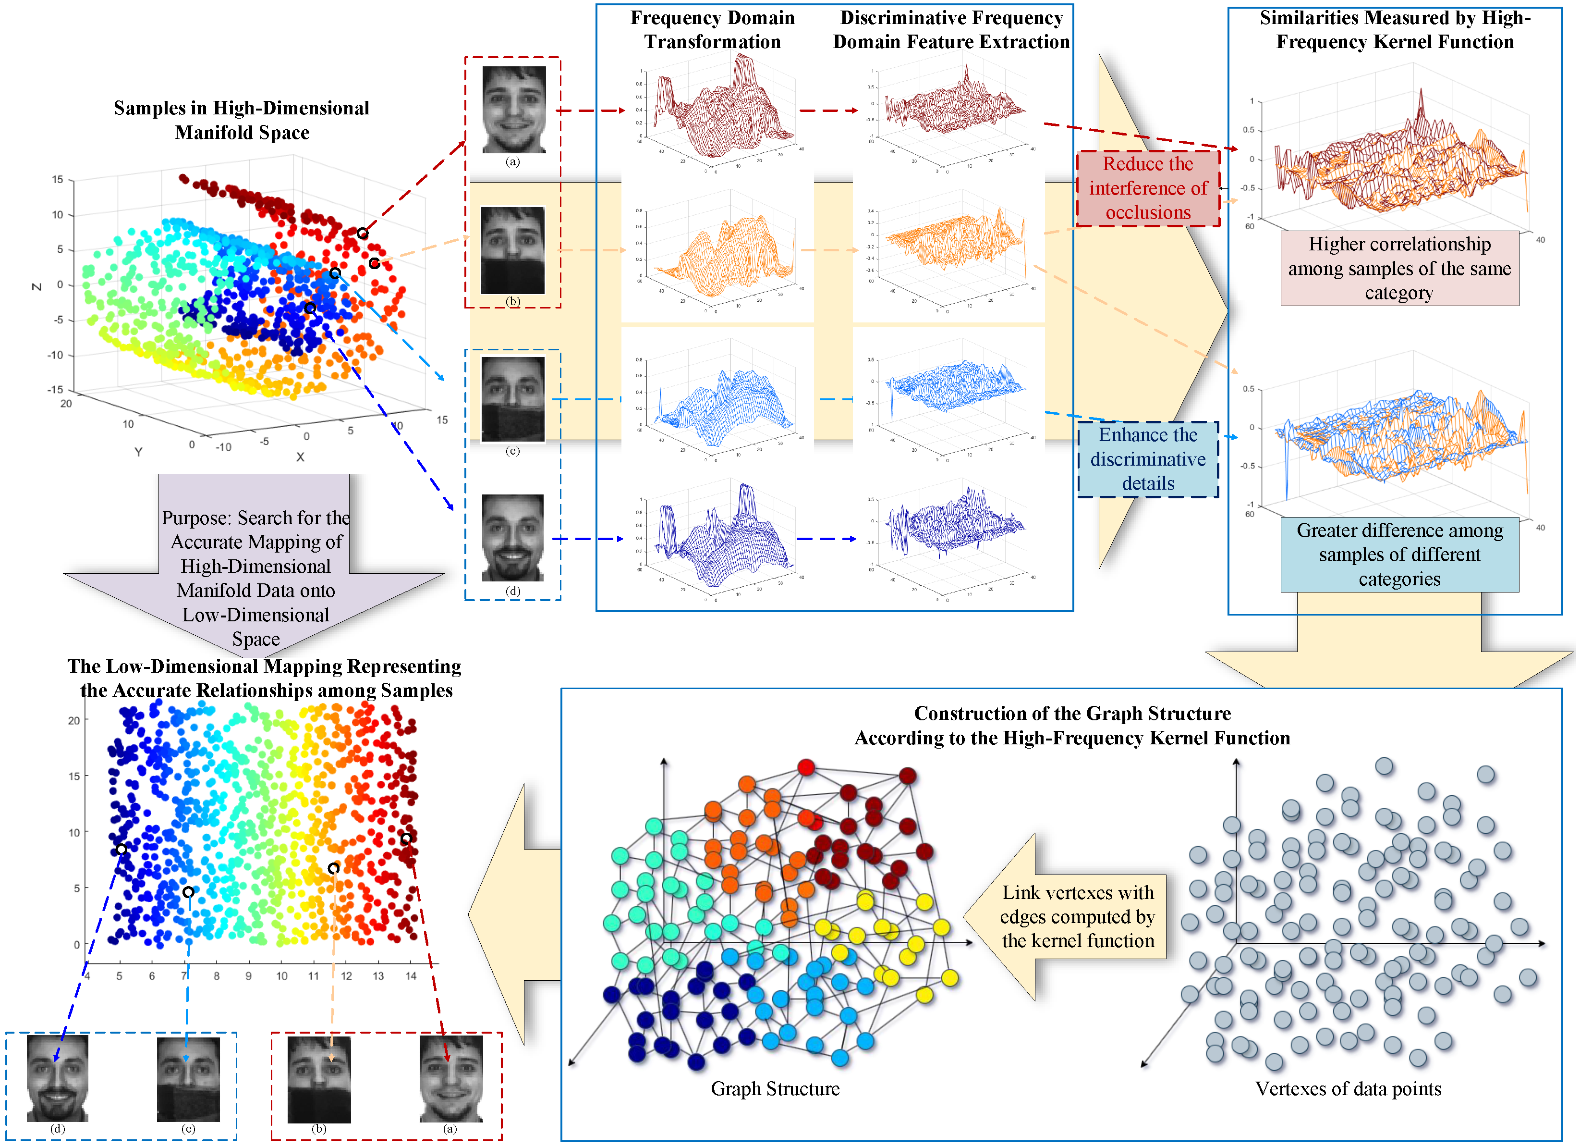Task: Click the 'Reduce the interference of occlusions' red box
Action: [x=1148, y=188]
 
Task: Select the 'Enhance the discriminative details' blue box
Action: [x=1148, y=459]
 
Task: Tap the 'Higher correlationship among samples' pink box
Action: [x=1399, y=268]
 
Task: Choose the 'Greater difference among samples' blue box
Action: [x=1399, y=555]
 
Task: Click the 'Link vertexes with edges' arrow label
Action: [x=1078, y=916]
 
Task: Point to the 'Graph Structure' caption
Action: [x=775, y=1088]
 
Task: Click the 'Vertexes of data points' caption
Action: [x=1348, y=1088]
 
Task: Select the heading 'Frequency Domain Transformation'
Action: [x=712, y=30]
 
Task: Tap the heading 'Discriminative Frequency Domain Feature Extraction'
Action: [x=951, y=30]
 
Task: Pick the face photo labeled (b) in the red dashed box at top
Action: [x=513, y=250]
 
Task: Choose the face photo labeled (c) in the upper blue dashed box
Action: [x=513, y=399]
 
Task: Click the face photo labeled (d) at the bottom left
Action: [x=57, y=1077]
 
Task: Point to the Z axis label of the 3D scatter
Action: [x=37, y=286]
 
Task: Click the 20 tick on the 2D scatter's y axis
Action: [x=74, y=720]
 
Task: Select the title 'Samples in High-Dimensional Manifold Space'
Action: [x=242, y=120]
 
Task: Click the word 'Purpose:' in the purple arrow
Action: [x=196, y=518]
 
